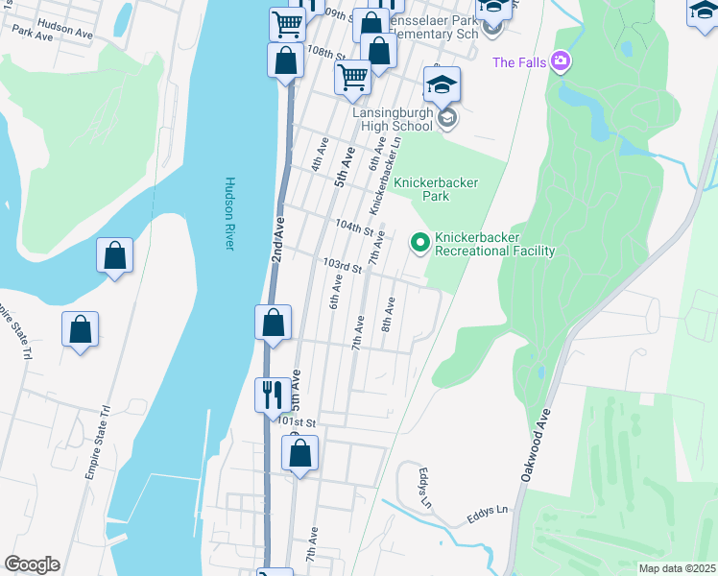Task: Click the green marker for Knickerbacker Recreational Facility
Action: point(419,244)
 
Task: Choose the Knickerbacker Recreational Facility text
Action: point(494,244)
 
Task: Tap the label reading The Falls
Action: point(518,63)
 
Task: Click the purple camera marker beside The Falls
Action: point(561,63)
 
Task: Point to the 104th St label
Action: point(353,228)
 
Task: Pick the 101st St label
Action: point(298,421)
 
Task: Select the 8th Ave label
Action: point(389,315)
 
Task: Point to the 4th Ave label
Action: point(319,159)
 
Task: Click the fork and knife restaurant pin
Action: point(272,394)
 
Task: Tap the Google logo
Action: point(32,564)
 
